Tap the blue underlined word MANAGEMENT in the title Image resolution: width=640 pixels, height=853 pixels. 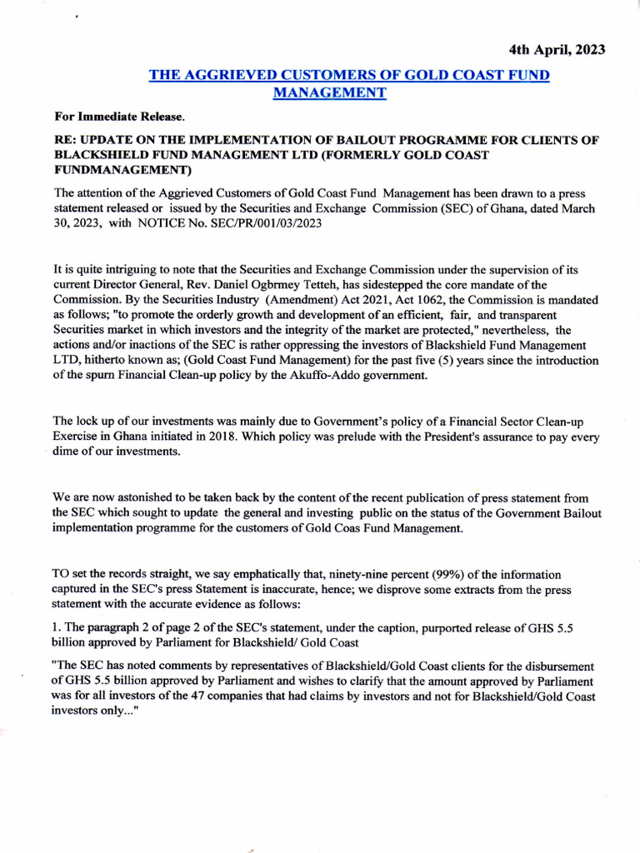(330, 92)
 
